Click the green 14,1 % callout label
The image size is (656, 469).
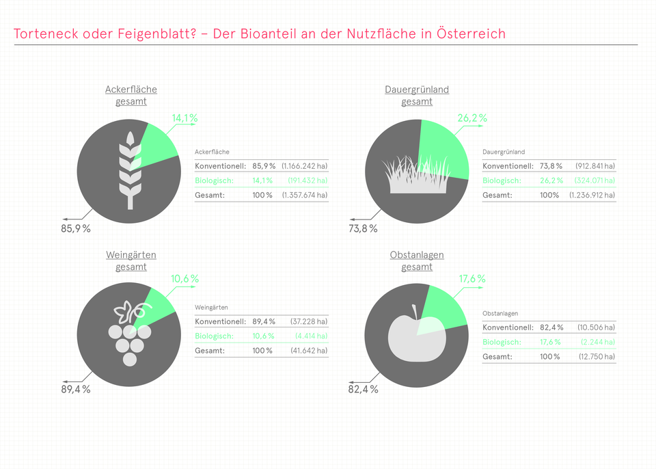184,118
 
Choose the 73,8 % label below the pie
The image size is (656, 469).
363,228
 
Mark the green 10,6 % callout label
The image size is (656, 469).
184,279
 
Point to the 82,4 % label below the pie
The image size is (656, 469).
363,389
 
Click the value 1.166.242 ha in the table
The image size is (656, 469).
304,166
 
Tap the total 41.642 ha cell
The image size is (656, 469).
308,351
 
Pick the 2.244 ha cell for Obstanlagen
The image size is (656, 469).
597,342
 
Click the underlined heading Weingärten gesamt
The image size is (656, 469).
131,260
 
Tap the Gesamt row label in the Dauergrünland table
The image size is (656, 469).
497,196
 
